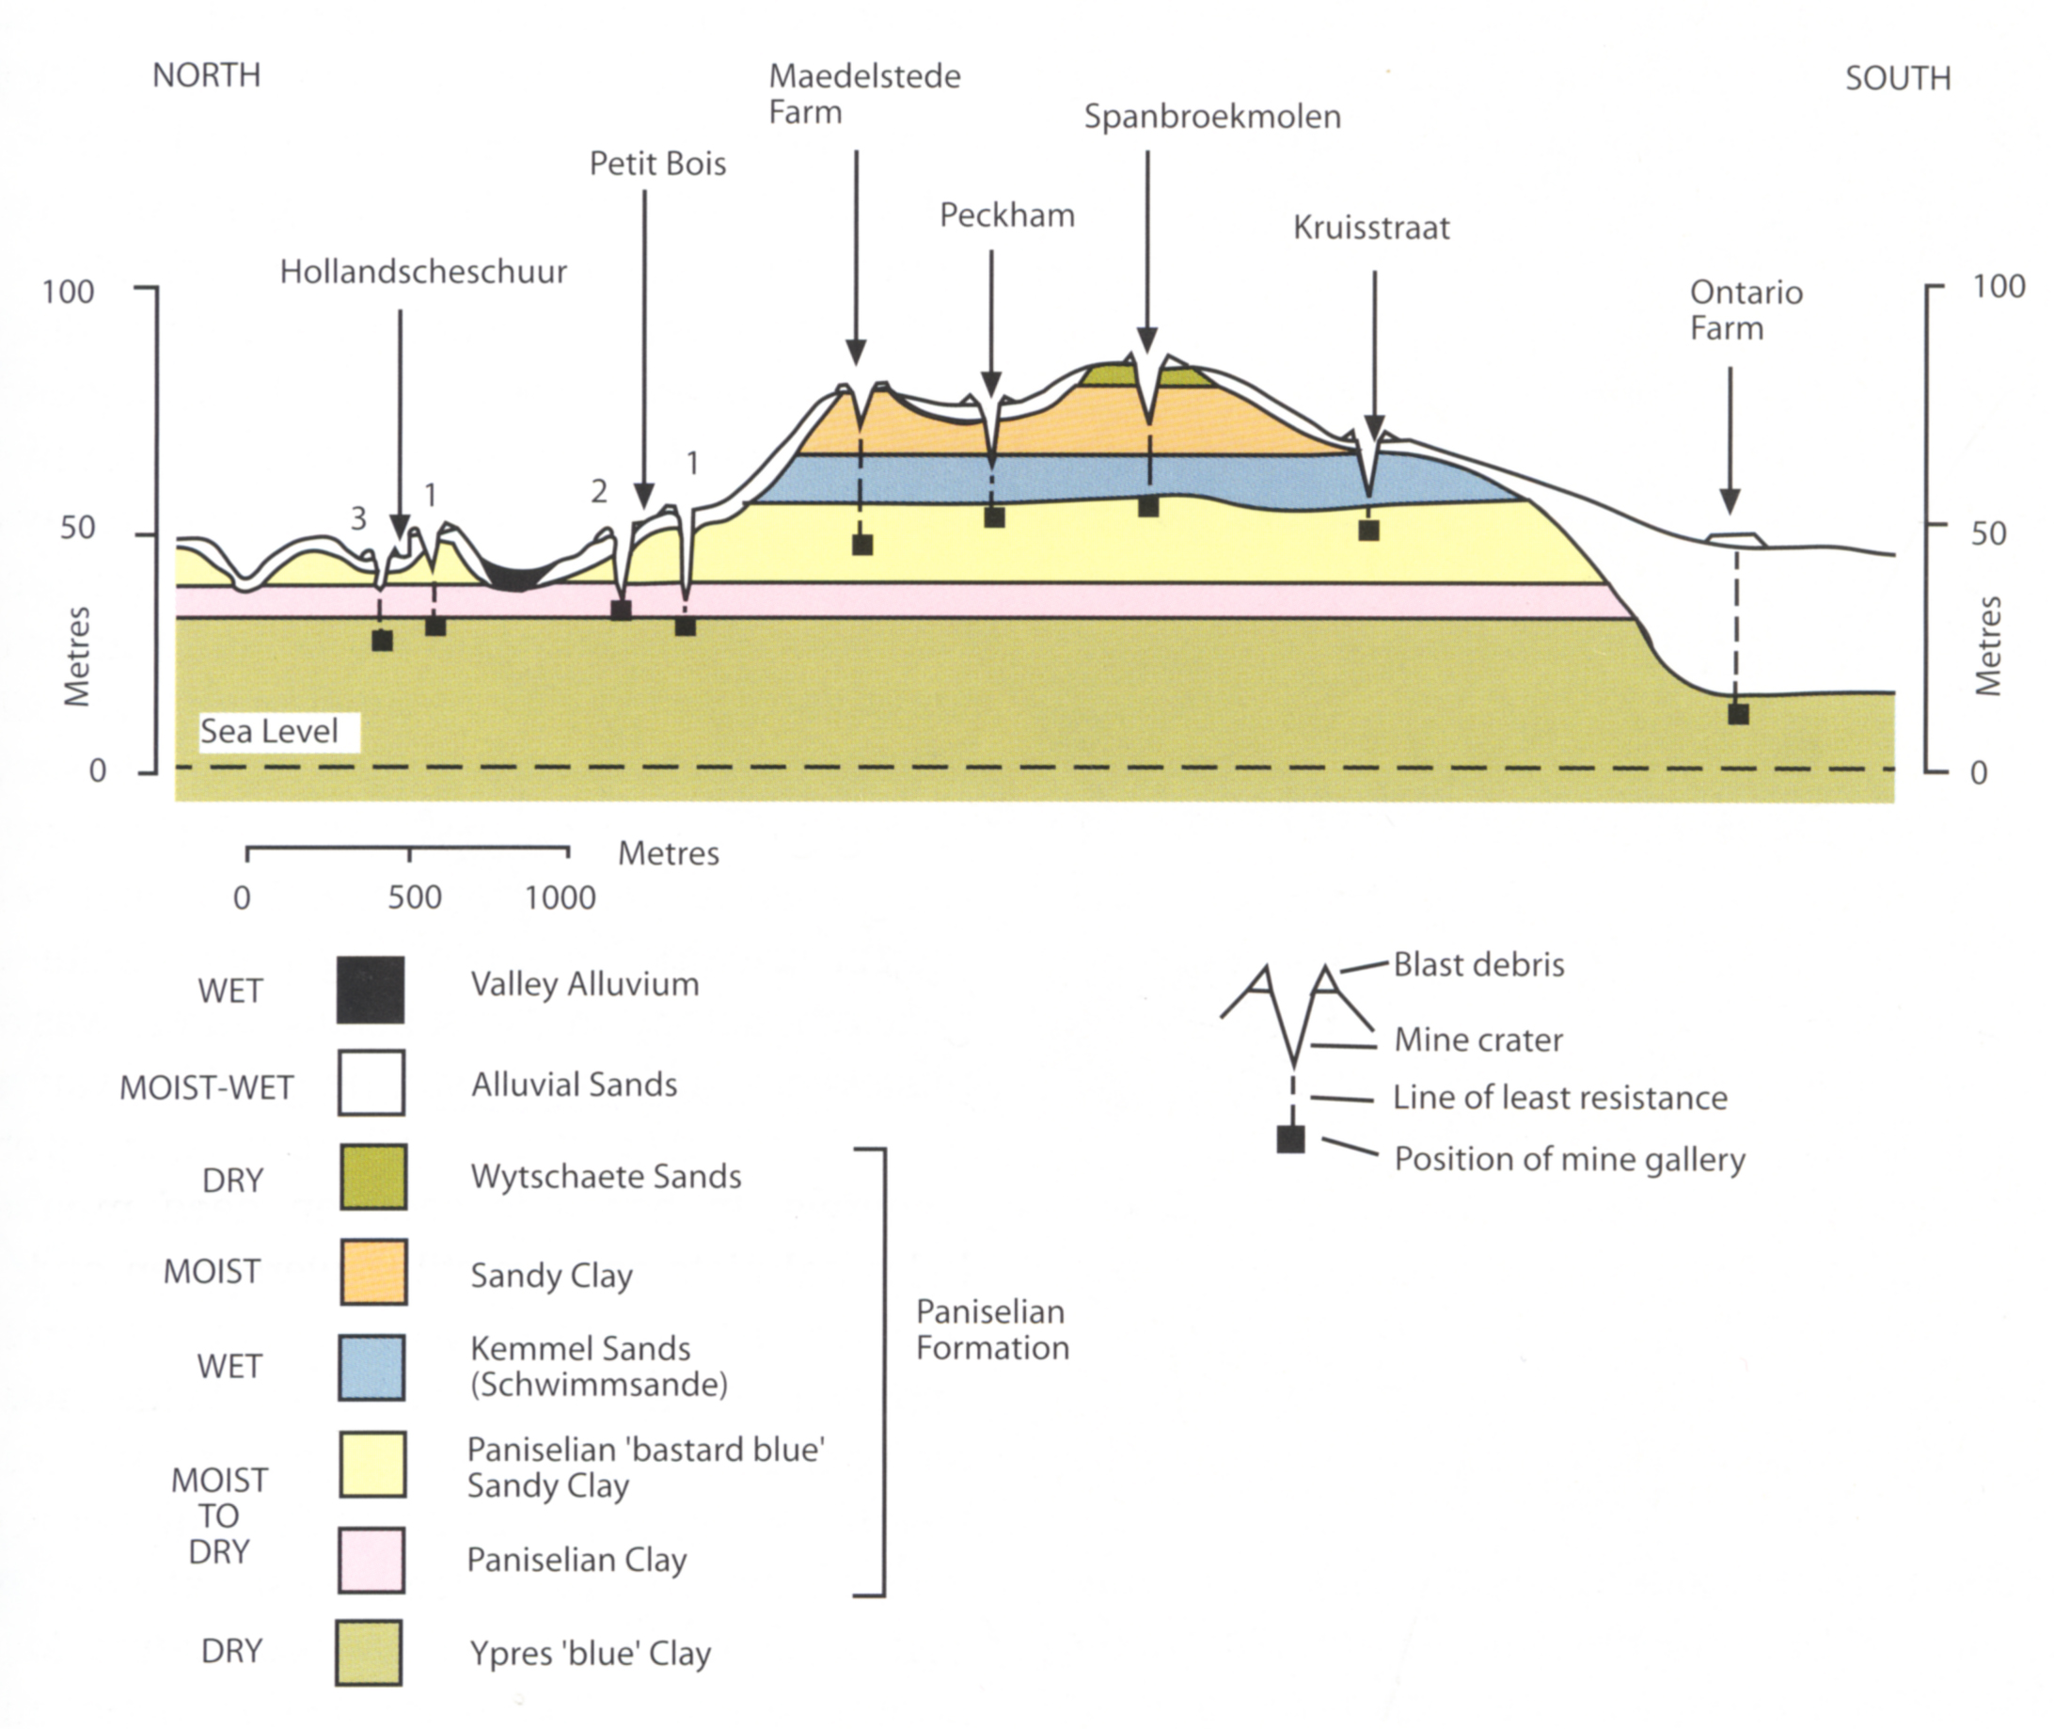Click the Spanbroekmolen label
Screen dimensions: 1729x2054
tap(1211, 118)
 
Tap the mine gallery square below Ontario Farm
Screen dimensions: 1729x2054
tap(1737, 714)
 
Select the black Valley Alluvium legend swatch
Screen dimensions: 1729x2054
tap(371, 990)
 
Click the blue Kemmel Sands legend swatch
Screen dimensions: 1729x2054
tap(372, 1368)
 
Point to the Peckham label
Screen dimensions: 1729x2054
tap(1006, 215)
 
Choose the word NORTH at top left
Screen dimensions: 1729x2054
tap(206, 75)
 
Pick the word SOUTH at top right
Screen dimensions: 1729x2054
tap(1897, 78)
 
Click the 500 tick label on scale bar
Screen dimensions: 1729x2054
tap(414, 896)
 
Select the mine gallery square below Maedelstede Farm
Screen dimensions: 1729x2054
tap(861, 545)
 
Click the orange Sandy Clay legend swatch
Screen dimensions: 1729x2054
tap(373, 1271)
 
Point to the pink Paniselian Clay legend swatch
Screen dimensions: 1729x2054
tap(371, 1560)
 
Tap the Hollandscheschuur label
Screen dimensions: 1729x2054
tap(422, 272)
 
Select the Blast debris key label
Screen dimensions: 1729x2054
tap(1477, 964)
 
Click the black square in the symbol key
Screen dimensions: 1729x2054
tap(1290, 1139)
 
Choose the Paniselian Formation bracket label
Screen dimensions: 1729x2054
tap(991, 1329)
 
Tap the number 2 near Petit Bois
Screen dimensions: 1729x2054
tap(599, 491)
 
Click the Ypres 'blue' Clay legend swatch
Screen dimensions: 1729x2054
tap(369, 1653)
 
